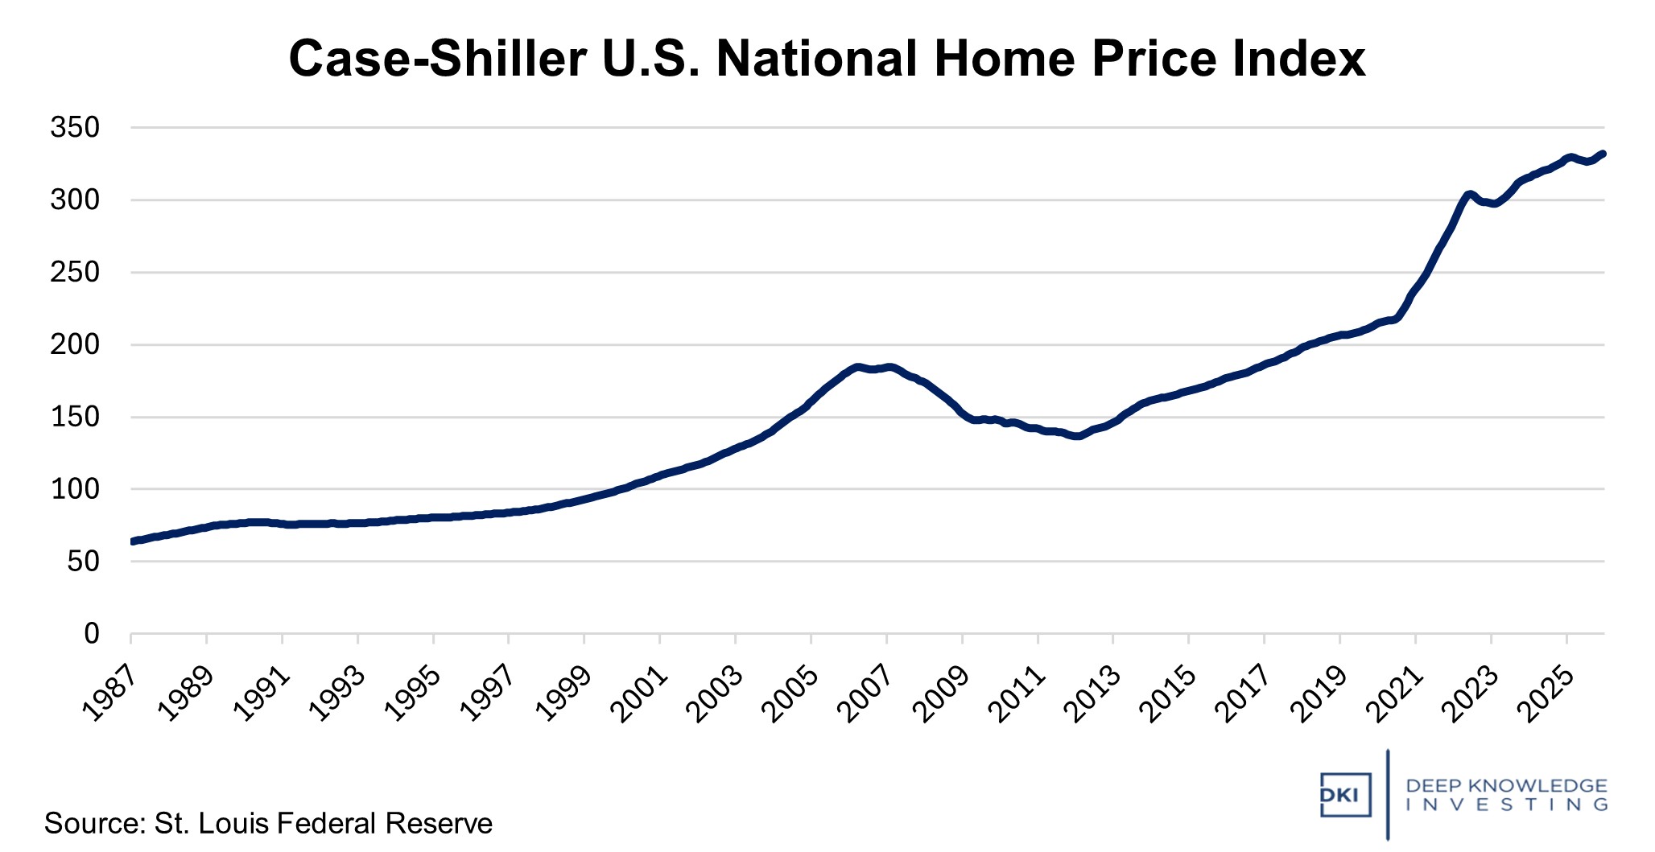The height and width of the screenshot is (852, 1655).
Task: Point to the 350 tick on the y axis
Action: (75, 127)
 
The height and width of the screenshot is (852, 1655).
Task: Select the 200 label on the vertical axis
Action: (75, 344)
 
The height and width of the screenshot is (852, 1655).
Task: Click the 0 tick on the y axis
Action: (92, 634)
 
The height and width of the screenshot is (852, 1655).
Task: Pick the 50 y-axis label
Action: (83, 562)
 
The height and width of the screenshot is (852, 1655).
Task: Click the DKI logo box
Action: (1345, 794)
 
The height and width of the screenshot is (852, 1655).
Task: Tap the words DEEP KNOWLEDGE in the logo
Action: (1506, 785)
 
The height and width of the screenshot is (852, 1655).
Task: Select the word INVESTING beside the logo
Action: (1506, 805)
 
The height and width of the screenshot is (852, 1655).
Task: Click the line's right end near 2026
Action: (1603, 154)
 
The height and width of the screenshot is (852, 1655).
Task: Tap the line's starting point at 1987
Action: (132, 541)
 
